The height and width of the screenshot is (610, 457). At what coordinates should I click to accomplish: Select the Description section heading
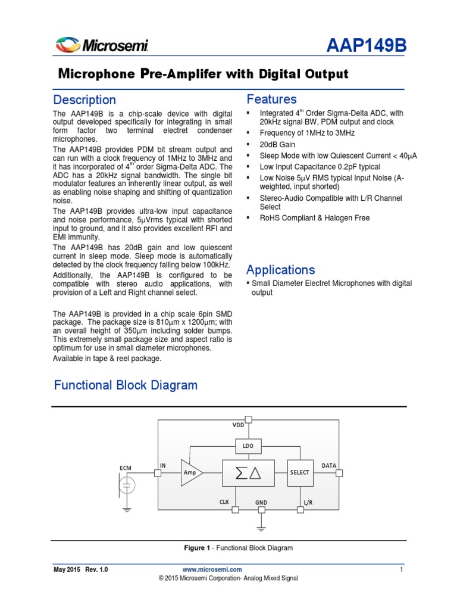[84, 99]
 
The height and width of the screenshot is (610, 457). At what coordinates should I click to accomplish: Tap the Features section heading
[271, 99]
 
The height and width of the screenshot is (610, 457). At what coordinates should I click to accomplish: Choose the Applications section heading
[280, 269]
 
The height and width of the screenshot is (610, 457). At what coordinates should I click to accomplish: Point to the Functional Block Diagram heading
[126, 385]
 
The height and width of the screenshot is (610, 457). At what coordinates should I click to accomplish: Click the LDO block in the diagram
[248, 446]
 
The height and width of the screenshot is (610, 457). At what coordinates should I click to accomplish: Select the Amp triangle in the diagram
[191, 472]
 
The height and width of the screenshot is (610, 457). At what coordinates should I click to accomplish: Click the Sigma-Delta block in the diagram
[248, 472]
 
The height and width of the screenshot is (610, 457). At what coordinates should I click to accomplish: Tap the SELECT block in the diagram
[300, 472]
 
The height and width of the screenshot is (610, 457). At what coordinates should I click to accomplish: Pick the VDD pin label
[238, 425]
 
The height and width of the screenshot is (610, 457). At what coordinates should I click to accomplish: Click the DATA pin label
[329, 465]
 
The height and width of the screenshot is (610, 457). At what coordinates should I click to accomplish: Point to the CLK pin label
[224, 502]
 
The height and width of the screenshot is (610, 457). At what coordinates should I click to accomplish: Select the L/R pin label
[308, 503]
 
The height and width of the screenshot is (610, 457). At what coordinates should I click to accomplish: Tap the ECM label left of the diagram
[125, 468]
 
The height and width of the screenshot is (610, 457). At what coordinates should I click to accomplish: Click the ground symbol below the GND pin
[261, 527]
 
